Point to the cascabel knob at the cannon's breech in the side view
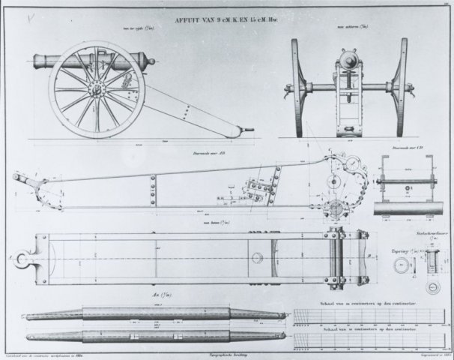point(151,61)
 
